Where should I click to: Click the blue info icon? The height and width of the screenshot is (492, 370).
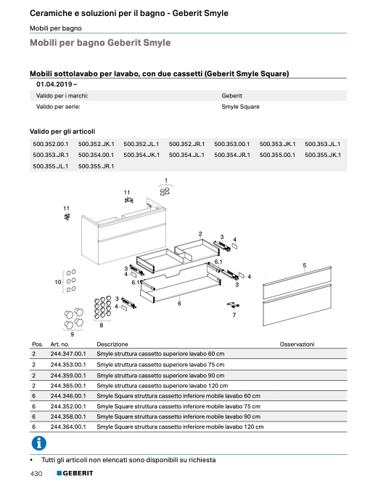coord(39,443)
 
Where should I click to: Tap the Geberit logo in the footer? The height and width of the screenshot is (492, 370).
coord(75,473)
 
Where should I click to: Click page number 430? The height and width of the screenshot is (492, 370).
coord(36,474)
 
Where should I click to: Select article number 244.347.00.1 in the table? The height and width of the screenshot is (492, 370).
coord(68,354)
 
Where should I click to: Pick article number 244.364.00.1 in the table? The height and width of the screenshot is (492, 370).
coord(68,427)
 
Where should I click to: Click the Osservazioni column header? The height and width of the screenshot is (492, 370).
coord(297,344)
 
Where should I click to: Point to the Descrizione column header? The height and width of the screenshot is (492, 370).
coord(112,344)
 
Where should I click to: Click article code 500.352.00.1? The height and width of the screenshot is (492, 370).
coord(51,144)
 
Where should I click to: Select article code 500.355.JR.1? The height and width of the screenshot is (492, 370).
coord(96,166)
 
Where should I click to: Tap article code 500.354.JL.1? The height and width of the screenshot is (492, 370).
coord(186,155)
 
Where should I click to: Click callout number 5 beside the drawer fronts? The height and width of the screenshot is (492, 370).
coord(305,265)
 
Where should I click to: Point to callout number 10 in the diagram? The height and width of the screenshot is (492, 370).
coord(58,282)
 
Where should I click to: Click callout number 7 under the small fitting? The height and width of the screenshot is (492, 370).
coord(234,315)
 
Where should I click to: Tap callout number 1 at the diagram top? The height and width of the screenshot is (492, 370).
coord(166,180)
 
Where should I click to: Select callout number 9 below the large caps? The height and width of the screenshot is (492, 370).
coord(73,334)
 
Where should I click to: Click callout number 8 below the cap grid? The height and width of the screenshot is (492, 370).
coord(101,326)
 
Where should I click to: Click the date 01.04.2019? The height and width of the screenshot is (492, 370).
coord(54,84)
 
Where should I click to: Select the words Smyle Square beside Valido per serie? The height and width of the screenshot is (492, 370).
coord(241,107)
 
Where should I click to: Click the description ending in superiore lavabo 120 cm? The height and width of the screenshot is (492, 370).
coord(163,386)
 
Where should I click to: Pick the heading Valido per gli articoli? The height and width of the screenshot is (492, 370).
coord(62,132)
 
